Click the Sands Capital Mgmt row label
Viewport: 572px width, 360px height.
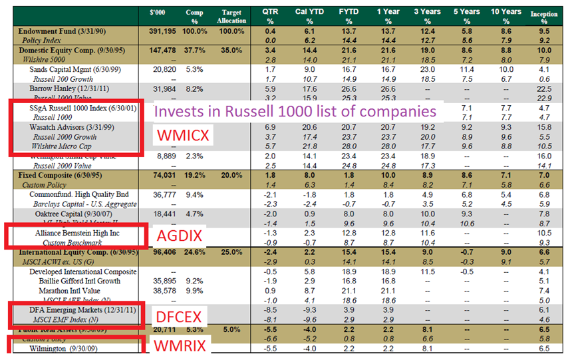coord(65,69)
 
